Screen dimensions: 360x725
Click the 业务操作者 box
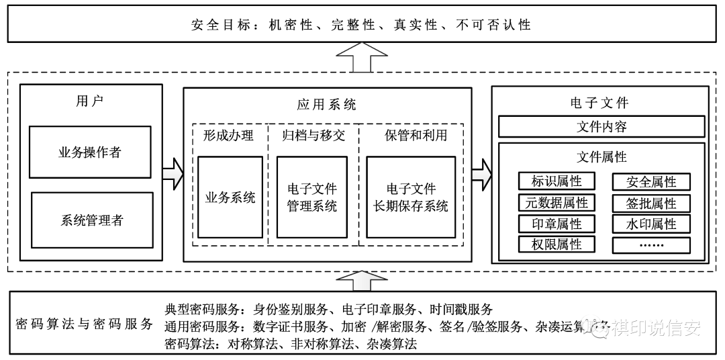[89, 152]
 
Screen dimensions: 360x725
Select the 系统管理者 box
[89, 220]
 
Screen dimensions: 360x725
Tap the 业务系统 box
[230, 197]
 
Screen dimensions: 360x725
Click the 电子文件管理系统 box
[311, 197]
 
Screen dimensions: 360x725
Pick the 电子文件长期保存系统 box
[411, 197]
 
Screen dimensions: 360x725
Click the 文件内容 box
[601, 126]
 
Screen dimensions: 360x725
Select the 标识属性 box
[556, 181]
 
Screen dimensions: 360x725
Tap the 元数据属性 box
[556, 203]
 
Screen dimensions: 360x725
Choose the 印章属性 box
[556, 224]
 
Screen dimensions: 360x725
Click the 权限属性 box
[556, 244]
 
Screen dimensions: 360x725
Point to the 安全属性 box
[650, 181]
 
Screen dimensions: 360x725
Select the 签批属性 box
[650, 203]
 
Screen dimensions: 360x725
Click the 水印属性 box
[650, 224]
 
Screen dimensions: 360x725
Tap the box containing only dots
[650, 244]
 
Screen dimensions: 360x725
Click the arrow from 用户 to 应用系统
[173, 174]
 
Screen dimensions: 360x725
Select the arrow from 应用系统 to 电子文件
[481, 174]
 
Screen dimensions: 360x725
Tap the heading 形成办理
[228, 136]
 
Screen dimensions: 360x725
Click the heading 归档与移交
[313, 136]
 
